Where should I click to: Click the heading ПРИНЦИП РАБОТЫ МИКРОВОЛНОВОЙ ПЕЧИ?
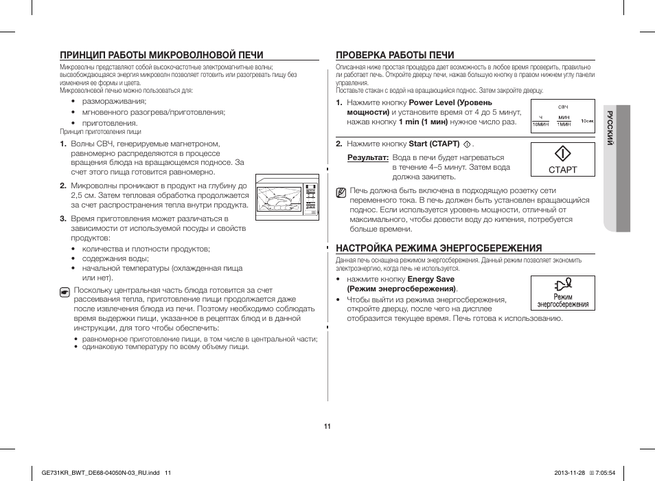click(x=161, y=55)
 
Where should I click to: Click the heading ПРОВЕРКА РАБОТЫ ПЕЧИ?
click(x=395, y=55)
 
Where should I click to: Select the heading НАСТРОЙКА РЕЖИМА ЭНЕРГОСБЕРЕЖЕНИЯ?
click(x=438, y=248)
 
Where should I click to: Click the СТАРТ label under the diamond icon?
click(x=562, y=170)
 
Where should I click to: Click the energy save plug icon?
click(x=562, y=284)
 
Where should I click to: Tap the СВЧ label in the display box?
click(x=562, y=108)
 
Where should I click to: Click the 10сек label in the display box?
click(x=587, y=121)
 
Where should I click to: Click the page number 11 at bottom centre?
click(x=327, y=427)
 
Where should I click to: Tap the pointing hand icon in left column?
click(x=65, y=292)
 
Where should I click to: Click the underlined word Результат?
click(x=368, y=158)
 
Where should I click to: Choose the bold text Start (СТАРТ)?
click(x=434, y=144)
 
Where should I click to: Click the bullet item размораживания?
click(x=114, y=101)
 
